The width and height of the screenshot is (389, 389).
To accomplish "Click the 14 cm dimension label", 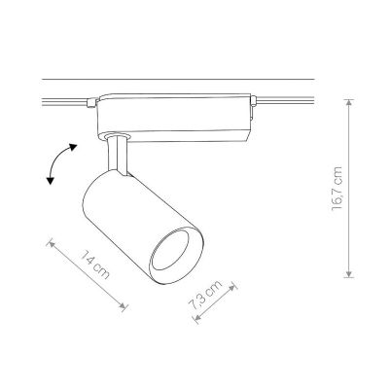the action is (x=94, y=265).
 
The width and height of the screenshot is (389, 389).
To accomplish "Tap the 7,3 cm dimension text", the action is (x=205, y=296).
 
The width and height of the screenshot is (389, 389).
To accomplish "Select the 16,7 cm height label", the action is (x=337, y=189).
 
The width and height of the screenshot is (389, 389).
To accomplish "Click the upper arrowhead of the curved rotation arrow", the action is (x=73, y=147).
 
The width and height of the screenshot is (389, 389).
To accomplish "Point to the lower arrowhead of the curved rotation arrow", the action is (x=50, y=181).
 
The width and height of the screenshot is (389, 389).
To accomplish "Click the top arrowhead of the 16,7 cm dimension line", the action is (x=348, y=103).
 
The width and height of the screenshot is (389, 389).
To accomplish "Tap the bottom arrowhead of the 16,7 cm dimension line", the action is (x=348, y=273).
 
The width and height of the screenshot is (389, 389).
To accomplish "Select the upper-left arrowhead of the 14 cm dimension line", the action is (x=52, y=244).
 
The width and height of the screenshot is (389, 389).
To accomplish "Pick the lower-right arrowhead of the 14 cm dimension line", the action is (x=122, y=305).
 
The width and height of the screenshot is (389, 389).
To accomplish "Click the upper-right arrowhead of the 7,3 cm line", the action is (x=232, y=287).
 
